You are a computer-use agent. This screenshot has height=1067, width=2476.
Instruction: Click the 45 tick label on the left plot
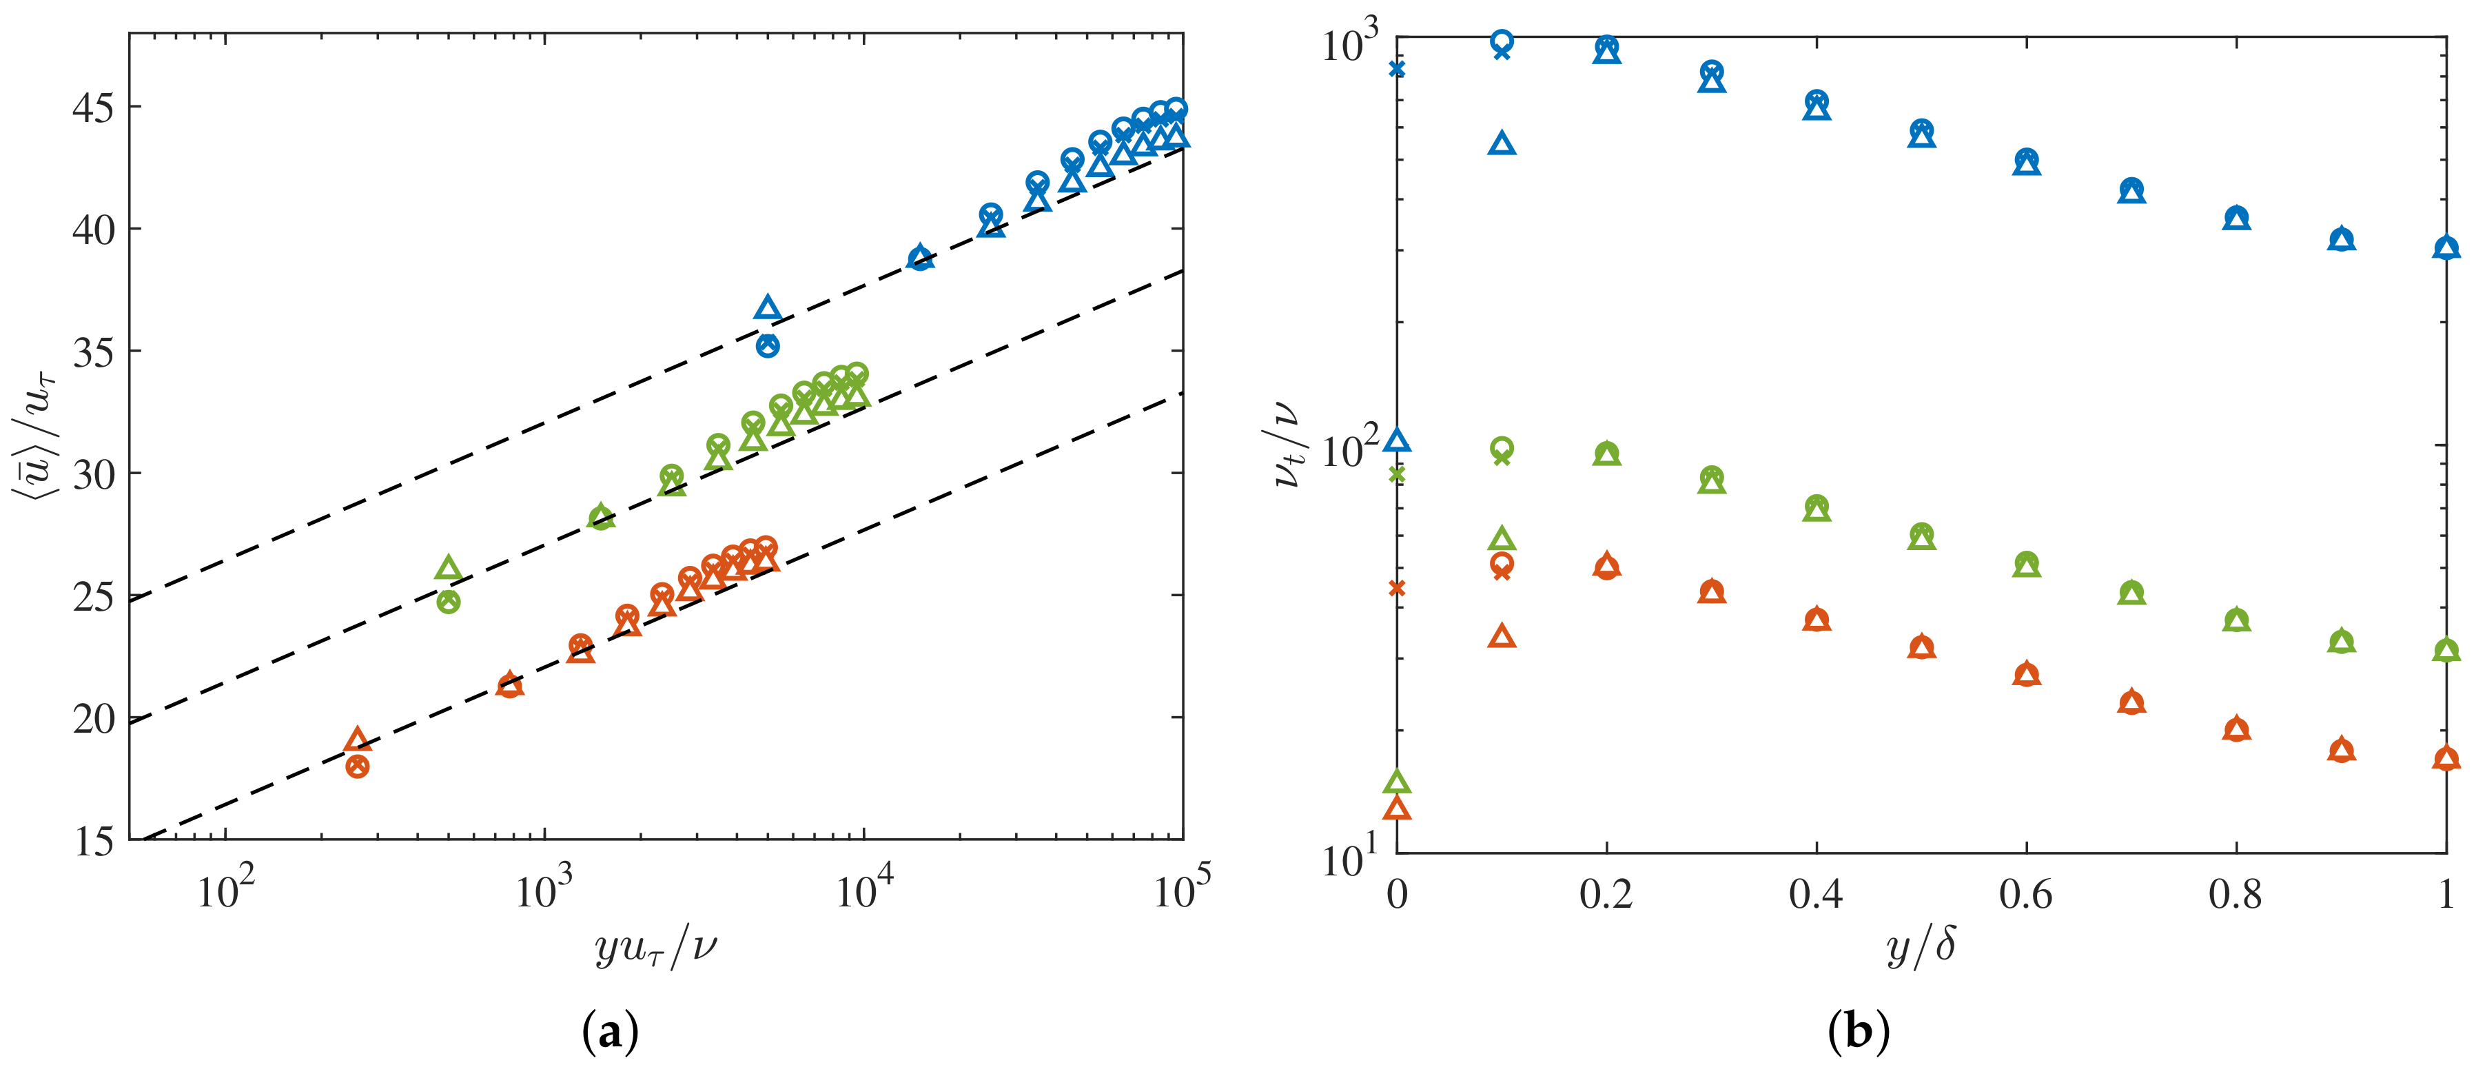tap(92, 108)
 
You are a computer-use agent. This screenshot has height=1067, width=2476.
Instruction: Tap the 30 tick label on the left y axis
tap(92, 475)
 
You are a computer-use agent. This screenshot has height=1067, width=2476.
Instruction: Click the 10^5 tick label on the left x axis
tap(1181, 889)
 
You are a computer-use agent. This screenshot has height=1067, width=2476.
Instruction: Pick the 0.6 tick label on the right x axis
tap(2025, 895)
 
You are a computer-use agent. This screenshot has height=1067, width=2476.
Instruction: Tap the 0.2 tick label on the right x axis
tap(1606, 895)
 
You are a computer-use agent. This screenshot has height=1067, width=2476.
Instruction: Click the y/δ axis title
tap(1921, 948)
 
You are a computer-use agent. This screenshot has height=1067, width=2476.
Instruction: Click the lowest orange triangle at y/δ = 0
tap(1398, 807)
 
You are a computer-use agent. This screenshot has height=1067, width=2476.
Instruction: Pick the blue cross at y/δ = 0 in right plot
tap(1398, 68)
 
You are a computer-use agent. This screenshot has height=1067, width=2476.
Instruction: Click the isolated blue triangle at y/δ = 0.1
tap(1502, 144)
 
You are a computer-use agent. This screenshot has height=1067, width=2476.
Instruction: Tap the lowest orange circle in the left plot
tap(358, 766)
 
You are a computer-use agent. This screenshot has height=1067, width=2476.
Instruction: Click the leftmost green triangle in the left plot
tap(448, 568)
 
